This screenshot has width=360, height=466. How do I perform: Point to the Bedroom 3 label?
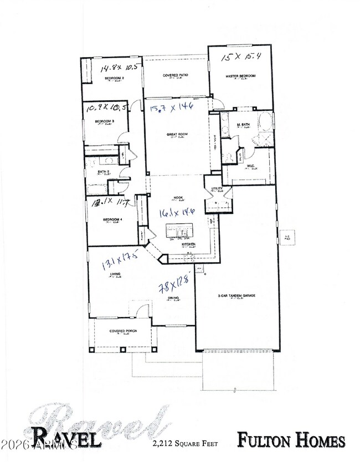click(x=104, y=121)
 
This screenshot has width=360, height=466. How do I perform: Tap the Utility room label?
click(x=216, y=190)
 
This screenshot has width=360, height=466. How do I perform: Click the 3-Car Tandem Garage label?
click(x=236, y=296)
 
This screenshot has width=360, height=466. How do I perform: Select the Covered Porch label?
click(x=123, y=331)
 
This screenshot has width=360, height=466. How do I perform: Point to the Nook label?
click(x=179, y=198)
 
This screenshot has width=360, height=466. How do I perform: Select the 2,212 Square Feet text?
click(x=186, y=443)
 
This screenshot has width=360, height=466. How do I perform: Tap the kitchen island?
click(x=180, y=229)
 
